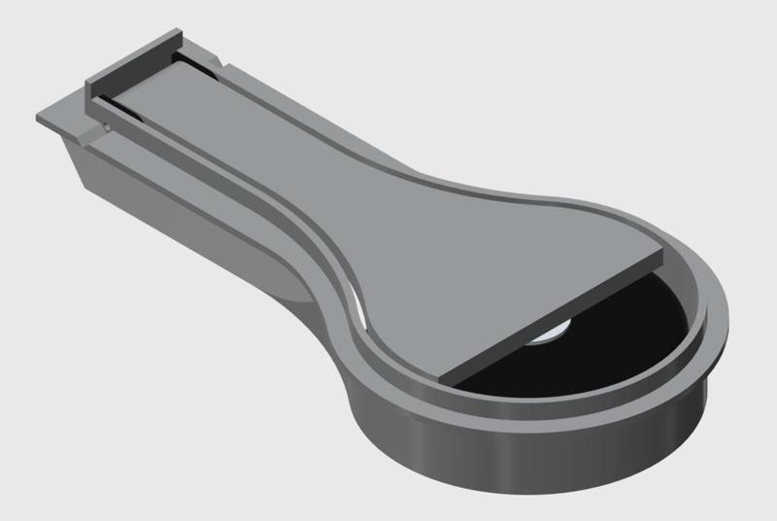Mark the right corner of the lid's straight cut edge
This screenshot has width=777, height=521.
tap(660, 256)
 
